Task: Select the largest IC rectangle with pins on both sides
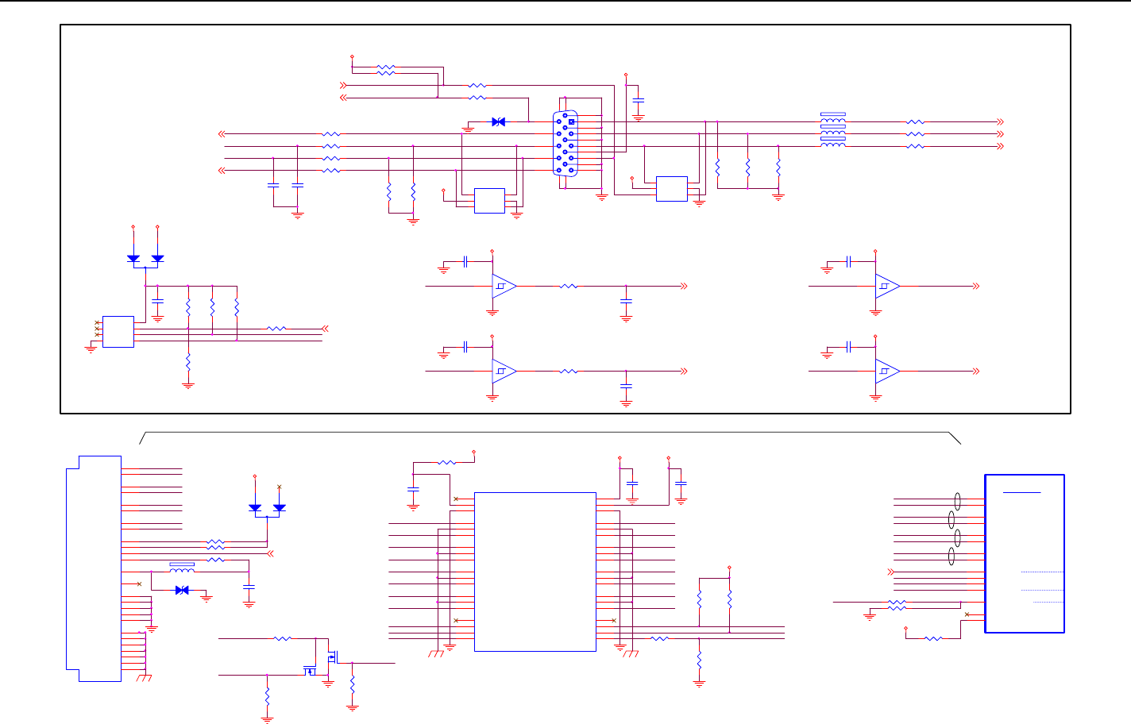[535, 572]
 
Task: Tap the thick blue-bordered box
[1025, 553]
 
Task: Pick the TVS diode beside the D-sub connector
[499, 122]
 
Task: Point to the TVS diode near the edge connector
[182, 590]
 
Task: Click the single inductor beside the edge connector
[182, 568]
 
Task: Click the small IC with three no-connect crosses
[118, 331]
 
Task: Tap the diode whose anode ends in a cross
[279, 507]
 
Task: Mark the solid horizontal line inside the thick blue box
[1021, 492]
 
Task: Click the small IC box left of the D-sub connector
[489, 201]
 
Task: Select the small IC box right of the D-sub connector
[672, 189]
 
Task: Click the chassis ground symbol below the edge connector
[144, 677]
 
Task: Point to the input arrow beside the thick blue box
[890, 572]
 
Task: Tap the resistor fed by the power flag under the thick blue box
[934, 638]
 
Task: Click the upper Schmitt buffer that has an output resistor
[504, 286]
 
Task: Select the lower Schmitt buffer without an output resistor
[887, 371]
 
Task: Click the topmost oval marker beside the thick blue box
[958, 501]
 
